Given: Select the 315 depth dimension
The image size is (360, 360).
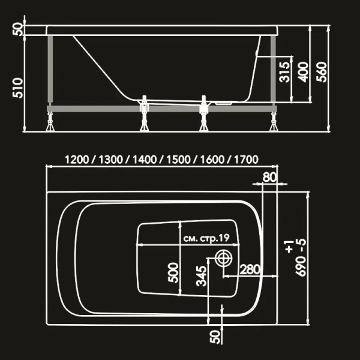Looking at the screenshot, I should point(285,71).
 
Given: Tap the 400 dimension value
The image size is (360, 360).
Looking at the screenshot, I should point(303,71).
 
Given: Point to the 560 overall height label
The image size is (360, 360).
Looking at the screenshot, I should point(322,71).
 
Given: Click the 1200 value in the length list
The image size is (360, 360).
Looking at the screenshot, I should point(77,160).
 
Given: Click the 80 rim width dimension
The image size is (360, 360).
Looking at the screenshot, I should point(270,177).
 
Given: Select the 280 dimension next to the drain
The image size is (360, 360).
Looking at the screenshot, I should point(250,269).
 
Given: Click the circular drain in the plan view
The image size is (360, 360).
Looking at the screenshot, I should point(223,259).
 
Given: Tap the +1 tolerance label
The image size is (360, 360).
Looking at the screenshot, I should point(289,245).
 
